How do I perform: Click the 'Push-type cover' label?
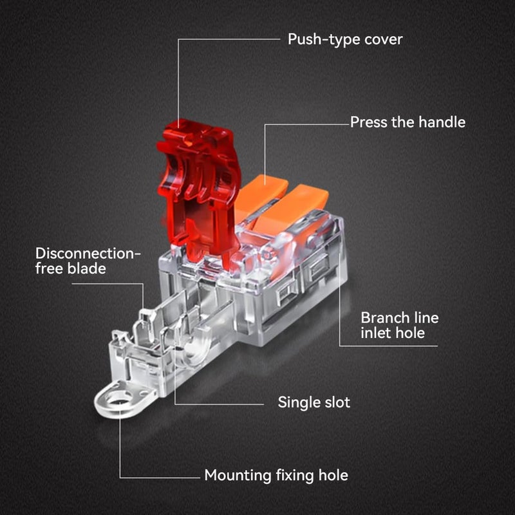tap(345, 39)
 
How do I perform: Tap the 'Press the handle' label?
tap(407, 122)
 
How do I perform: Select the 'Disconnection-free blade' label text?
tap(88, 261)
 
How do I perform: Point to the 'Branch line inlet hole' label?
tap(400, 325)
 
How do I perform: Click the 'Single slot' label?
tap(314, 402)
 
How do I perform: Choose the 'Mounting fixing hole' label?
tap(276, 475)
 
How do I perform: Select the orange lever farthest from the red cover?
tap(292, 211)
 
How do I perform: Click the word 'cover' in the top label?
tap(383, 40)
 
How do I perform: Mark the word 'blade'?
tap(87, 268)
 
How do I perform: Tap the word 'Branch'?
tap(380, 317)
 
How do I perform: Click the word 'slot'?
tap(337, 402)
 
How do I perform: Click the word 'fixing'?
tap(294, 476)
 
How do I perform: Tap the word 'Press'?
tap(368, 122)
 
